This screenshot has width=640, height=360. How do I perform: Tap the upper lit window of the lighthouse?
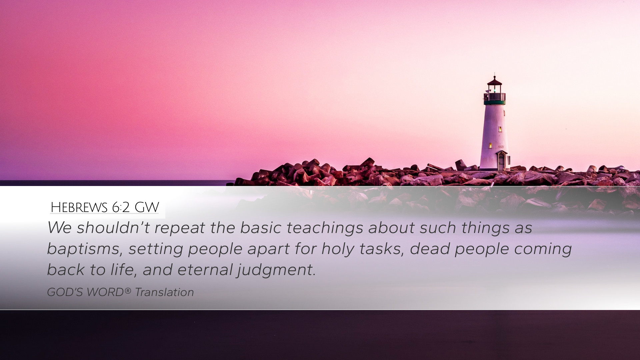pyautogui.click(x=500, y=129)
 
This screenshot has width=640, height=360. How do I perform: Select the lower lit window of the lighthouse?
pyautogui.click(x=490, y=145)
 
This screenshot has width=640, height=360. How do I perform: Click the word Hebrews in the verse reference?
pyautogui.click(x=79, y=208)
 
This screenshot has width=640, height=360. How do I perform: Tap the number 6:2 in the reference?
pyautogui.click(x=121, y=208)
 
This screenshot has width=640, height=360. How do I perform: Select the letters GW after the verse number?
pyautogui.click(x=147, y=208)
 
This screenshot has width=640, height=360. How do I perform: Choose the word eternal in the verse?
pyautogui.click(x=205, y=270)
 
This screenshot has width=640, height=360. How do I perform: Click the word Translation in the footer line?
pyautogui.click(x=164, y=292)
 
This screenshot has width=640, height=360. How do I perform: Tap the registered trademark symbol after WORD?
pyautogui.click(x=128, y=291)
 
